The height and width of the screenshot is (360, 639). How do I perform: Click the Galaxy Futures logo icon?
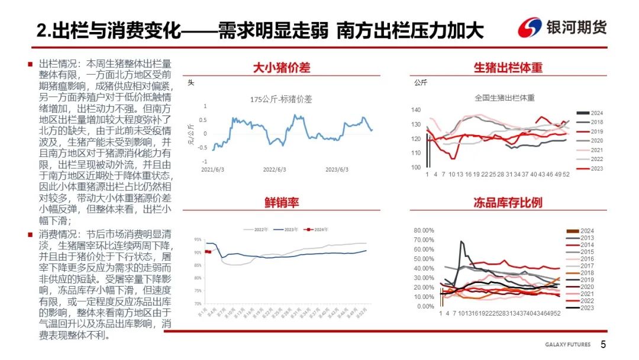click(x=530, y=27)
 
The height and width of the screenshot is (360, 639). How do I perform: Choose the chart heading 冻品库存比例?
click(x=508, y=203)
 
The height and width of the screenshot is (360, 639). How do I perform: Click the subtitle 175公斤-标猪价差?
click(x=281, y=99)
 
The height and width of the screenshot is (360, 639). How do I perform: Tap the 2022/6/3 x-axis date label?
click(x=274, y=169)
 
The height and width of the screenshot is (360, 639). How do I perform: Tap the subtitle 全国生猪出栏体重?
click(x=504, y=98)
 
